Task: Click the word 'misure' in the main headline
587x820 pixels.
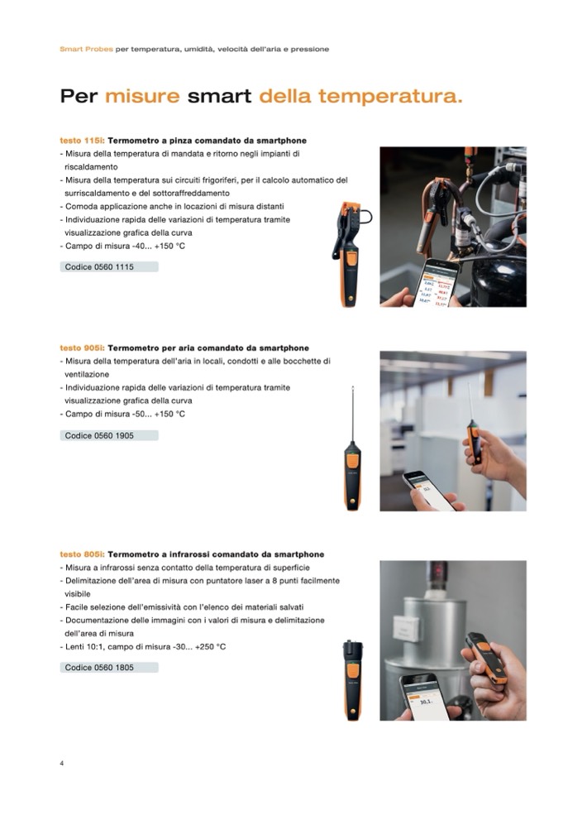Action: [142, 96]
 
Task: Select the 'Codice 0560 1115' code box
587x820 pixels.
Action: [109, 266]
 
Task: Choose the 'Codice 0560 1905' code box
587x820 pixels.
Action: [109, 435]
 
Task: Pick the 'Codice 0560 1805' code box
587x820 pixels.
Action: [109, 667]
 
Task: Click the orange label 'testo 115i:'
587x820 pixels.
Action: [82, 141]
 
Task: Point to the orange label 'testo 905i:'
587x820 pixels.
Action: [82, 348]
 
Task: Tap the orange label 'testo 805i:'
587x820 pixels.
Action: [82, 554]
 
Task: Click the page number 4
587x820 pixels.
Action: [62, 764]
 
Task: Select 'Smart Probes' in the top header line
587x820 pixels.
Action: [86, 49]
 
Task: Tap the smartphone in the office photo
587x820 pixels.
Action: [428, 491]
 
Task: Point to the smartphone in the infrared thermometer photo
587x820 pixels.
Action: [424, 697]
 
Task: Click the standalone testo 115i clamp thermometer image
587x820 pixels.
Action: [349, 254]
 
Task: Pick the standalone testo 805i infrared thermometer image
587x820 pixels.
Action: [353, 680]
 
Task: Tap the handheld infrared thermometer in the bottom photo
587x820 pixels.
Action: [487, 658]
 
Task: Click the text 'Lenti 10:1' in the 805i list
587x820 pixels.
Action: [84, 647]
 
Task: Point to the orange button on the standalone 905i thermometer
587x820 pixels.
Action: [353, 461]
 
